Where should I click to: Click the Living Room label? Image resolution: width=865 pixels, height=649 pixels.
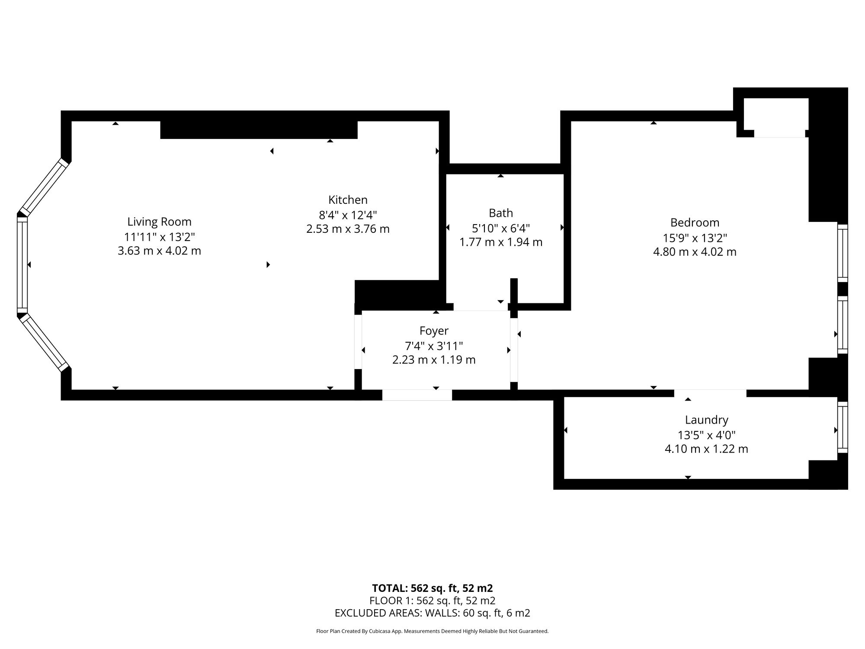click(x=159, y=222)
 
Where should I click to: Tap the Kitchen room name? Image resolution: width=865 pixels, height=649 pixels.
click(x=348, y=200)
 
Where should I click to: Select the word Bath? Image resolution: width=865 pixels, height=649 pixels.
click(x=501, y=213)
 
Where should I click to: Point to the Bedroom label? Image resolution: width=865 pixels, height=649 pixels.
click(x=695, y=223)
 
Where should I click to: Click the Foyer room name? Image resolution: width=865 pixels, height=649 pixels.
click(x=434, y=331)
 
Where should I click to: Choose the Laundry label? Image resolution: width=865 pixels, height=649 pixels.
click(x=706, y=420)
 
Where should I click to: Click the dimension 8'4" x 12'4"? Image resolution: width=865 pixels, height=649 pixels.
click(x=348, y=215)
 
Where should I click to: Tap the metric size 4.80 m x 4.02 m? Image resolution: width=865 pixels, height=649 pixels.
click(x=695, y=252)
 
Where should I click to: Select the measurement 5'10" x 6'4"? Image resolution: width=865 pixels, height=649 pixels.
click(x=501, y=228)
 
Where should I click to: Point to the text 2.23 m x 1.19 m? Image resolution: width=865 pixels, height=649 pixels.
click(x=434, y=360)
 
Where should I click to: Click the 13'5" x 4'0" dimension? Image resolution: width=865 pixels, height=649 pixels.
click(x=706, y=434)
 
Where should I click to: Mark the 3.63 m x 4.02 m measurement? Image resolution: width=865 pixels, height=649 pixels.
click(x=159, y=251)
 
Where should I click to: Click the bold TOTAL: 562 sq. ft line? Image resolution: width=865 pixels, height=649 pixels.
click(x=432, y=588)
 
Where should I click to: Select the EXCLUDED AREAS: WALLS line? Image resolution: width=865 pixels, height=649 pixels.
click(x=432, y=613)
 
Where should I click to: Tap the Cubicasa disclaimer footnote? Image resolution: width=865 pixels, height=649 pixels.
click(x=432, y=631)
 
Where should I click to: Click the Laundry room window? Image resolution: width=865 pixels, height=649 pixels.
click(x=843, y=427)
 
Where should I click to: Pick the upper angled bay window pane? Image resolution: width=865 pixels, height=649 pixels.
click(x=44, y=187)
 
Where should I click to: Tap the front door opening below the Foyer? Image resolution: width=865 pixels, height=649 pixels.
click(x=417, y=395)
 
